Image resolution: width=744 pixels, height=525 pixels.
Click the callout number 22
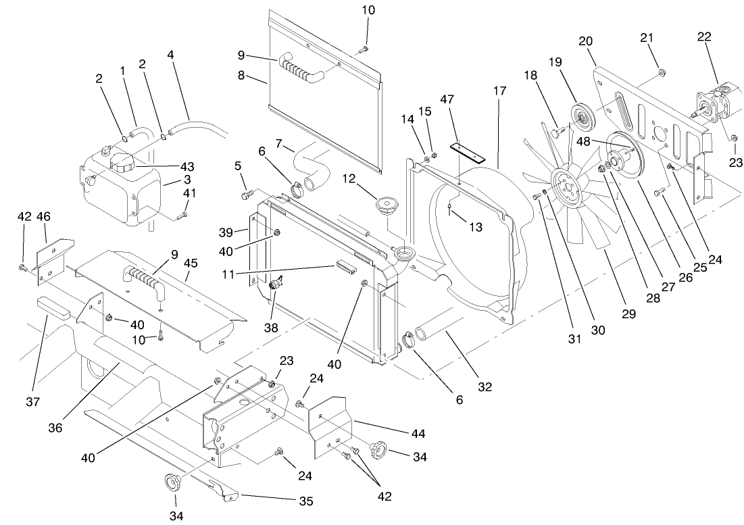704,37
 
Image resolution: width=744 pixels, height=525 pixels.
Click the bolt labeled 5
246,195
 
